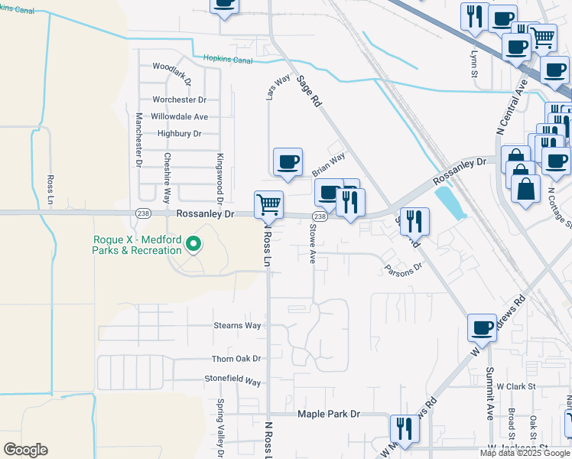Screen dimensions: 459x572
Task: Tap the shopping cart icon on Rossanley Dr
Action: coord(268,204)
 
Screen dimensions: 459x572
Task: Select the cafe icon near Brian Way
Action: coord(288,161)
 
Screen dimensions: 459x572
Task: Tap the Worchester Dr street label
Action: coord(180,99)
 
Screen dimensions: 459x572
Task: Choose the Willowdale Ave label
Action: coord(180,116)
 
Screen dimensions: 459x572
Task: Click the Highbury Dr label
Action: coord(179,133)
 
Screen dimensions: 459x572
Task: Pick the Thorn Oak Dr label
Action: coord(236,358)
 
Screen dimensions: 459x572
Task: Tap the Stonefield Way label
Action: coord(232,380)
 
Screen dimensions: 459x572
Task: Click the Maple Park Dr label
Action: coord(328,414)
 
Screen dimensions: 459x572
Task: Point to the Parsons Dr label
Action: coord(404,268)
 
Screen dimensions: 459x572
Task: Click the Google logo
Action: coord(25,450)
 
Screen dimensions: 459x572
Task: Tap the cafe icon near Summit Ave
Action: coord(482,327)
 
